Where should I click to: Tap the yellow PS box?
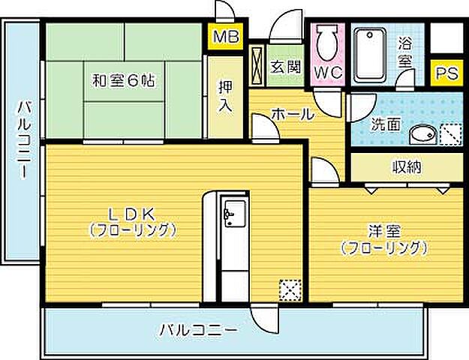(x=448, y=73)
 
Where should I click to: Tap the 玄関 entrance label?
(x=285, y=67)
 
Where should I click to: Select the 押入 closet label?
(x=224, y=95)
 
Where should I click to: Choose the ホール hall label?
(x=291, y=115)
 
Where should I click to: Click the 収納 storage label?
(x=406, y=166)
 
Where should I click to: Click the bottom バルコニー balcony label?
(x=198, y=329)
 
